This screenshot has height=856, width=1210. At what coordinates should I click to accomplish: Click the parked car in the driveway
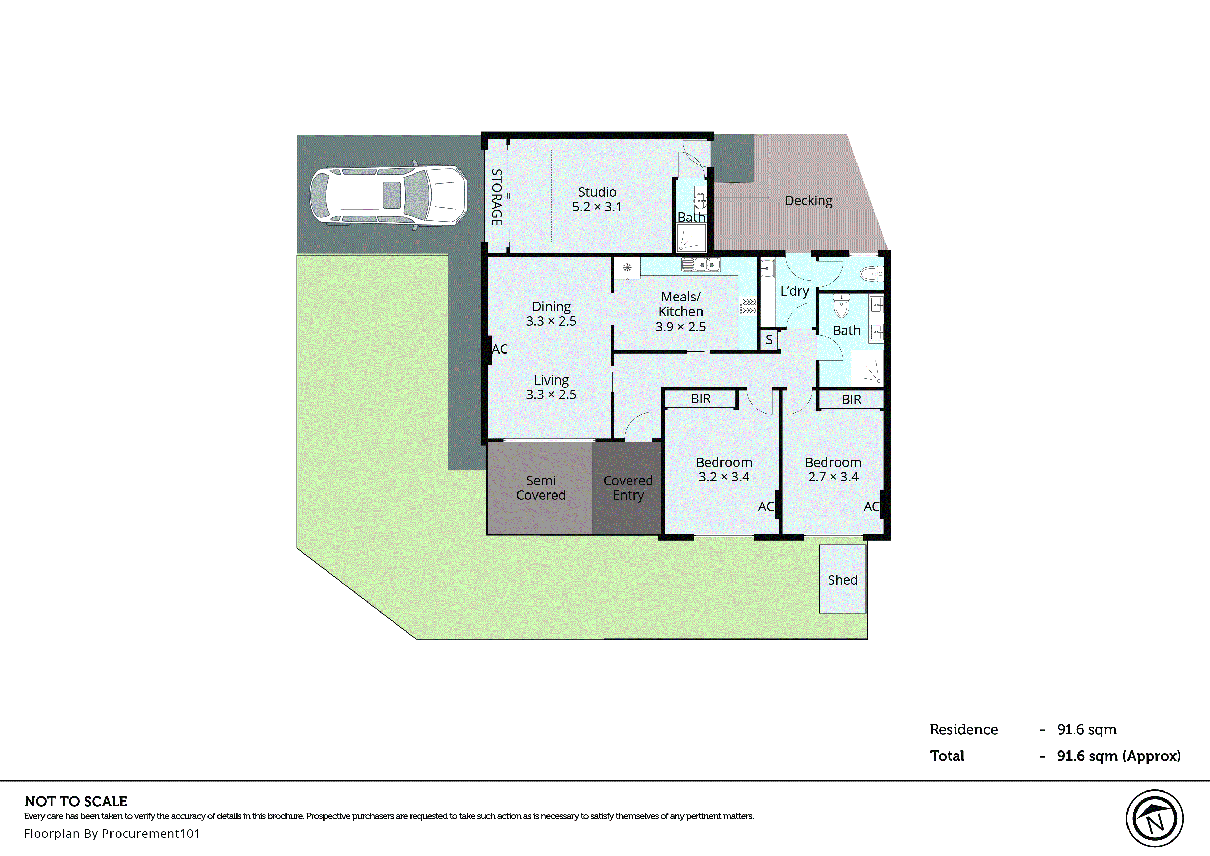[388, 195]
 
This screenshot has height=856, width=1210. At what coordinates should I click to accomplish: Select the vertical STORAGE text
[496, 197]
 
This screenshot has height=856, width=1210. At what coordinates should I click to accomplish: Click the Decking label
[808, 201]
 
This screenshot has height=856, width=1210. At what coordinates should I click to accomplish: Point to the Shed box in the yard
[842, 579]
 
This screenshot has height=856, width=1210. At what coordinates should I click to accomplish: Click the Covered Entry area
[627, 488]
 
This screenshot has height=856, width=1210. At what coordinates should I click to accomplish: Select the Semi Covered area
[540, 488]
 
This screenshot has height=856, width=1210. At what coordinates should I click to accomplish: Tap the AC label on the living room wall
[500, 349]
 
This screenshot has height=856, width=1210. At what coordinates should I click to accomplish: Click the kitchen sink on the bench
[700, 264]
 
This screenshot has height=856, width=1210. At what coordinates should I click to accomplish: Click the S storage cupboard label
[768, 340]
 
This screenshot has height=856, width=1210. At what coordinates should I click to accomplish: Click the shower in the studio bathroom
[691, 239]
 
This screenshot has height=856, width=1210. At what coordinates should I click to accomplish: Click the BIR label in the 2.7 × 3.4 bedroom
[851, 399]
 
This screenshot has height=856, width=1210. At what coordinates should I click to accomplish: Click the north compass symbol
[1155, 818]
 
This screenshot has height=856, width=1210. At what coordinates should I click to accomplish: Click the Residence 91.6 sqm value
[1086, 729]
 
